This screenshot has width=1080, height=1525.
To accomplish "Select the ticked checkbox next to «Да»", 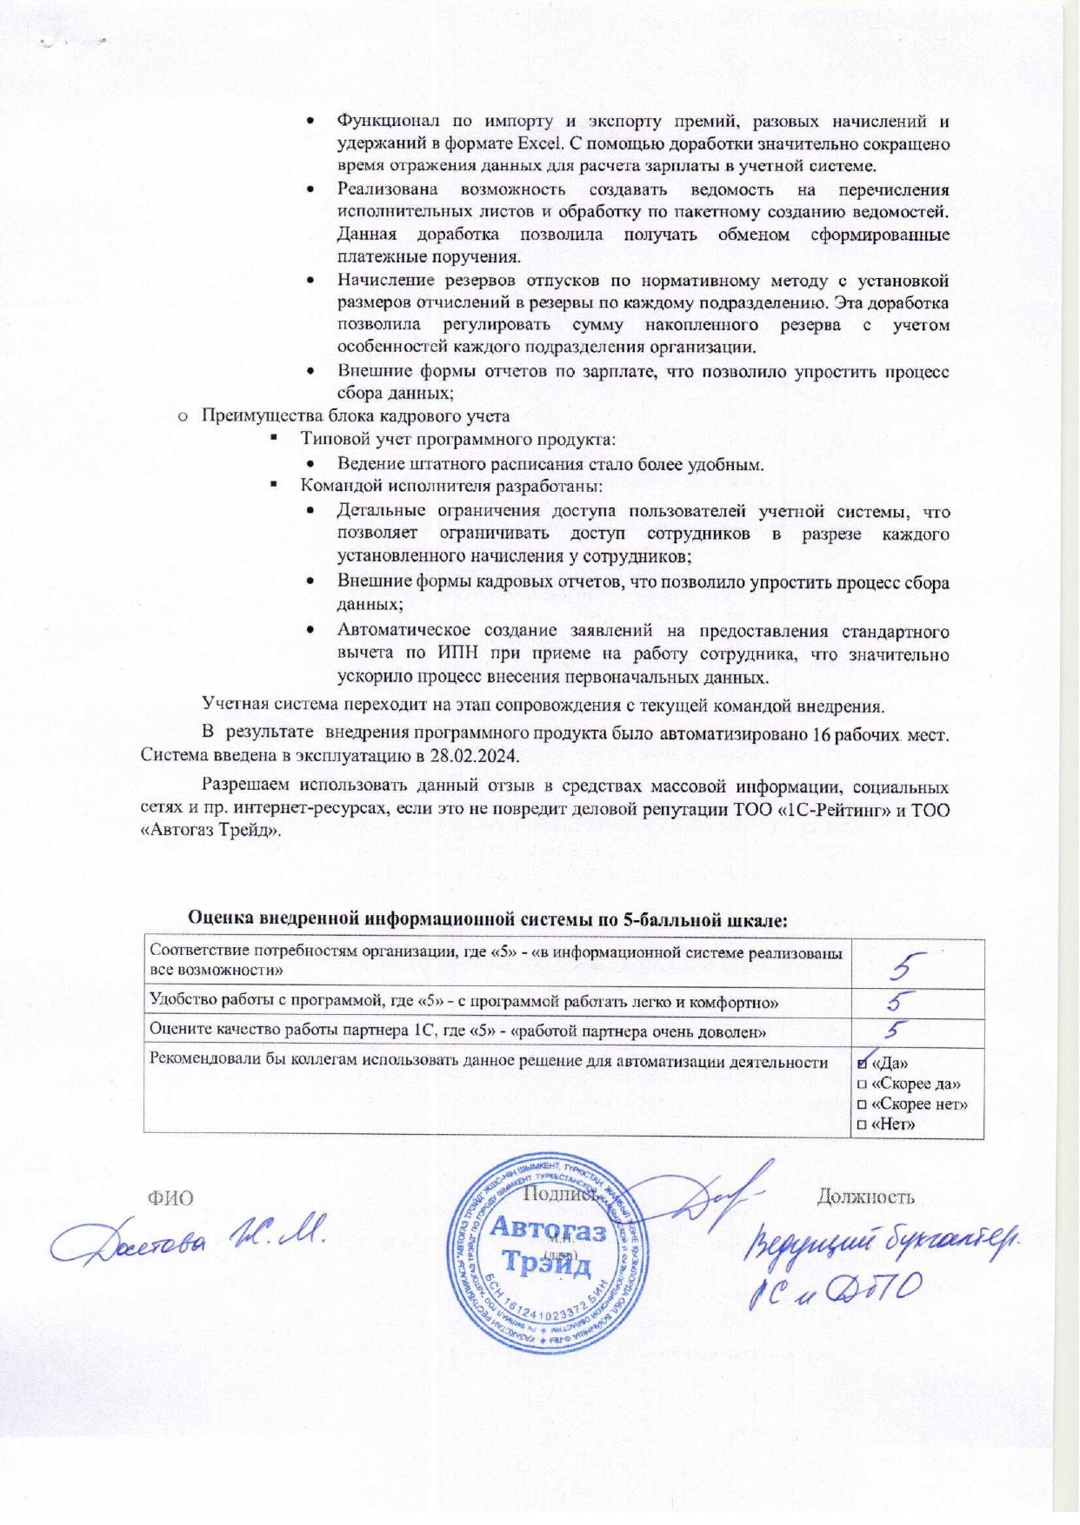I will [863, 1063].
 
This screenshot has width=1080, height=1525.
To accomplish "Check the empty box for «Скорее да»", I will [862, 1084].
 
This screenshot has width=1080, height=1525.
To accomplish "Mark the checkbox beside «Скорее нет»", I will [862, 1104].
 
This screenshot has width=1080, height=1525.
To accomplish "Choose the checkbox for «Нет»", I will [862, 1124].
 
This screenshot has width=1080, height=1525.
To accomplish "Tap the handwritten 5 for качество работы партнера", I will [896, 1031].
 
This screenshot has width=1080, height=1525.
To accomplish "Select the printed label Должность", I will [865, 1197].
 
